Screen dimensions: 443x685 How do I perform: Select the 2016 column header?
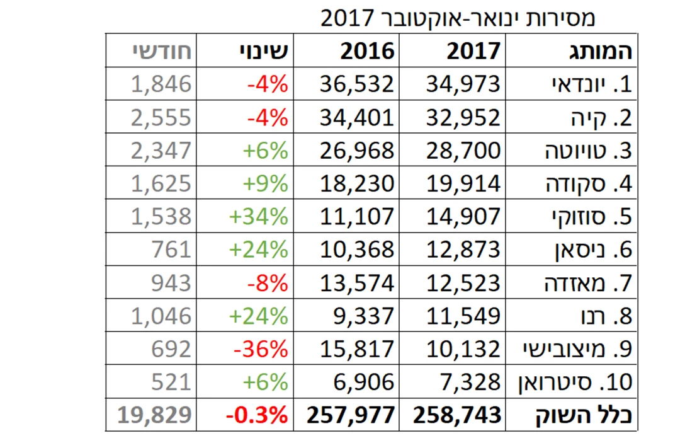pos(368,51)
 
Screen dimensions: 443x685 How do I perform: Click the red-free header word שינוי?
pos(265,51)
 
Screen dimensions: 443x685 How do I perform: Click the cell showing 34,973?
pos(464,84)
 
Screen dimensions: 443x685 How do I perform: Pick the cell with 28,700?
pos(464,150)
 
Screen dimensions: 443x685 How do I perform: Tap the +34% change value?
pos(258,216)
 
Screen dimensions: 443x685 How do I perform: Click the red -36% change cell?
pos(260,348)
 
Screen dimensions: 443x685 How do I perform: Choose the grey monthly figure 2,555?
pos(161,117)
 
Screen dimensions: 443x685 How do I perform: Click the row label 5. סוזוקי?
pos(589,216)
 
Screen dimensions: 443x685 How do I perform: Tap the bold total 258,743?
pos(458,415)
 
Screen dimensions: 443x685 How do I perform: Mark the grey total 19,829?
pos(154,415)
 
